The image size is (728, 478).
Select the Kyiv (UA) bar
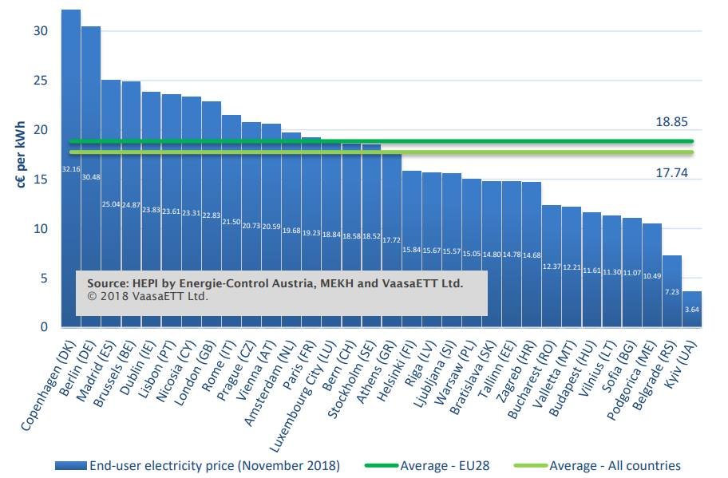click(692, 311)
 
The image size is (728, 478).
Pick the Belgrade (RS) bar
click(672, 295)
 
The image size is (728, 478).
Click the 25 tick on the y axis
click(42, 81)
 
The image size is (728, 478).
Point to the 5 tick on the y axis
click(45, 278)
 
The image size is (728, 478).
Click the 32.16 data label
click(71, 169)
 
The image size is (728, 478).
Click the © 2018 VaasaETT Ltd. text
click(144, 297)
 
